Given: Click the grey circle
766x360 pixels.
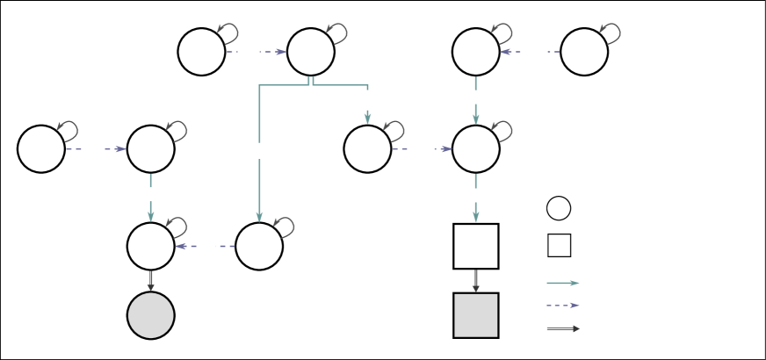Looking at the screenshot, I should click(151, 315).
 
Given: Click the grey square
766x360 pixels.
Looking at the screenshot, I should click(475, 315).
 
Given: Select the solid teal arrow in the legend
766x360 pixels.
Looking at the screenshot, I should click(562, 283).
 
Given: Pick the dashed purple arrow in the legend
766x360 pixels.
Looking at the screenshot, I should click(562, 306).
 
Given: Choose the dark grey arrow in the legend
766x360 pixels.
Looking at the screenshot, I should click(562, 328).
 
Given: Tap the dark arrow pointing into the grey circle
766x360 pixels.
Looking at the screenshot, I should click(151, 281).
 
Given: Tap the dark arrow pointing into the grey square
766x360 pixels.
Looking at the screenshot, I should click(475, 281).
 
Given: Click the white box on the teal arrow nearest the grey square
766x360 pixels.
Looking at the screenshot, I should click(475, 195).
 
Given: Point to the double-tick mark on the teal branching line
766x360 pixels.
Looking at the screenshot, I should click(311, 82).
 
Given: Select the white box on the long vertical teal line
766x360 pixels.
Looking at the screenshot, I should click(259, 151).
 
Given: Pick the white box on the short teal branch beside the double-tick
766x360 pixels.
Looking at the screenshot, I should click(367, 100).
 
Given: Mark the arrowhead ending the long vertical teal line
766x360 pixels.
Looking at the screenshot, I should click(259, 216).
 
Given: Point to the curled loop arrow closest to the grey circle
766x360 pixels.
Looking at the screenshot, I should click(177, 227).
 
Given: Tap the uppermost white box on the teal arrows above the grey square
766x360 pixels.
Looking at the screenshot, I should click(475, 97).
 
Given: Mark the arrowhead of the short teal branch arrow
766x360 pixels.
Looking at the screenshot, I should click(367, 119).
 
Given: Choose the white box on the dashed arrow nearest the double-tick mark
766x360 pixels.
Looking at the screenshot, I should click(249, 52).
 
